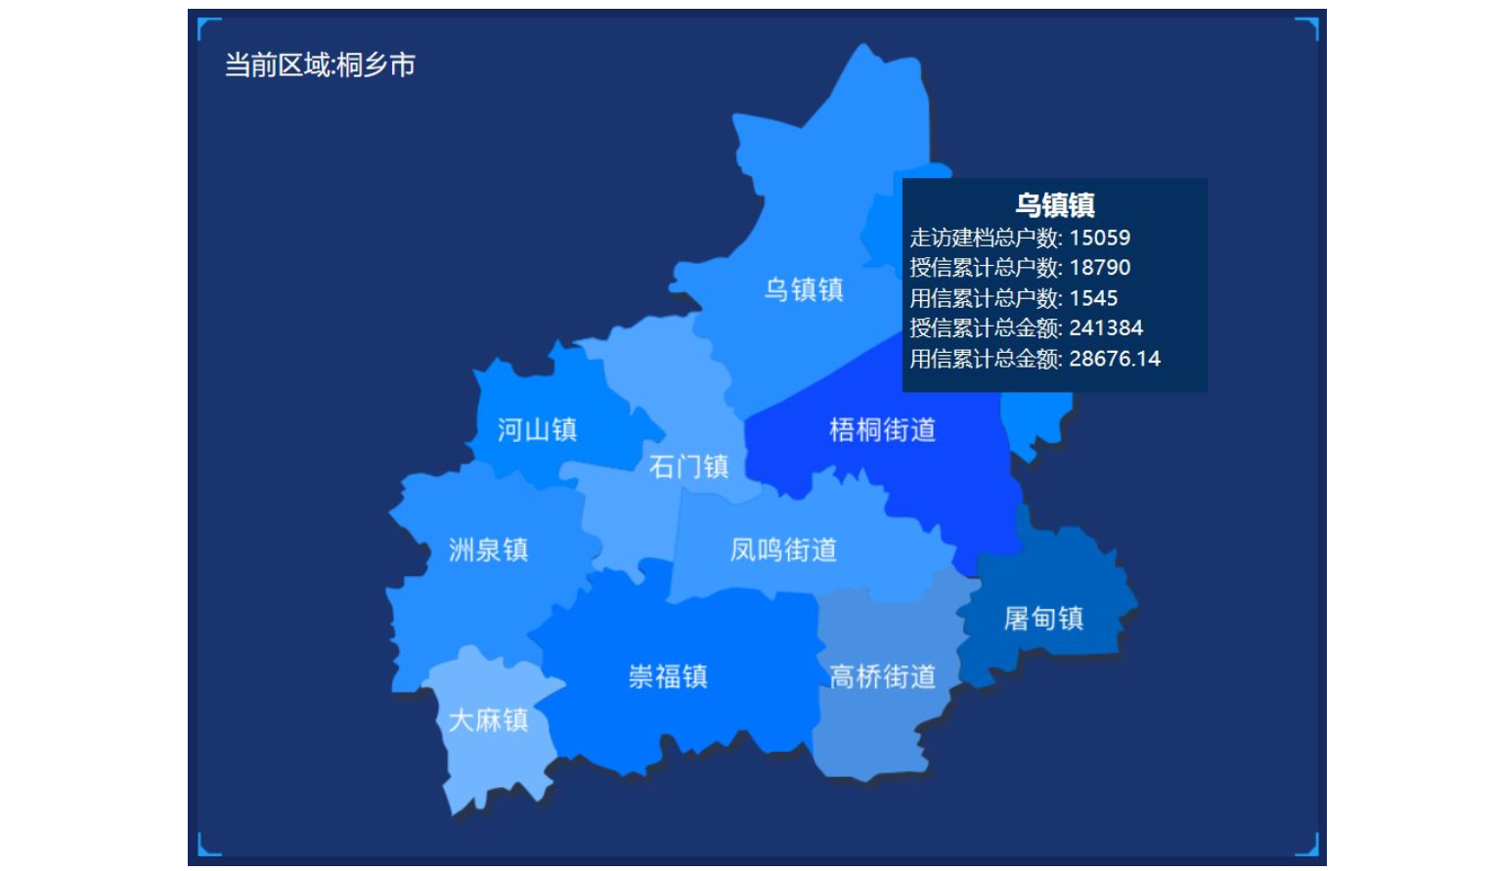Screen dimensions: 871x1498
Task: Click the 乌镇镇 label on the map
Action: tap(804, 289)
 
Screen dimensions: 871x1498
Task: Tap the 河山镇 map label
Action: tap(537, 429)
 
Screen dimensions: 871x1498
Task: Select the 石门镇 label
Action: tap(688, 466)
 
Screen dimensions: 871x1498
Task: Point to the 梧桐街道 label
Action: tap(882, 429)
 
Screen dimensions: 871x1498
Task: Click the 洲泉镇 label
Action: tap(488, 549)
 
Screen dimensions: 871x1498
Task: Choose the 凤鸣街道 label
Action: tap(783, 549)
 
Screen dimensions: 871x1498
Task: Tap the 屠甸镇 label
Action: tap(1043, 618)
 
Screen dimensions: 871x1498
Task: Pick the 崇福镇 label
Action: tap(668, 675)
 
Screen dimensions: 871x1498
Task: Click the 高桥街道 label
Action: tap(882, 675)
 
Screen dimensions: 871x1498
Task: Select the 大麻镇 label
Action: tap(488, 719)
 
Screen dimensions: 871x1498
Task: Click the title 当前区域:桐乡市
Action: tap(321, 65)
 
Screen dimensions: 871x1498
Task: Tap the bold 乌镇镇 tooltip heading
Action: tap(1054, 205)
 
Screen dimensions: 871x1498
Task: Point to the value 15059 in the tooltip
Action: tap(1099, 238)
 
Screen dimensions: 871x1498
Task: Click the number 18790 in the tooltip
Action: tap(1099, 268)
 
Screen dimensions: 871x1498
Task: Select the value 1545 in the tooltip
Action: tap(1093, 298)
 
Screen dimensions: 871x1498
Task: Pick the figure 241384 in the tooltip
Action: tap(1106, 328)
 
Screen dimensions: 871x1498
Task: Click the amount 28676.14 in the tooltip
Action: tap(1115, 359)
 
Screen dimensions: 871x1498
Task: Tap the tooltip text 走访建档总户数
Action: tap(984, 238)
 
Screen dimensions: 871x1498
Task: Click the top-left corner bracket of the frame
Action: tap(206, 27)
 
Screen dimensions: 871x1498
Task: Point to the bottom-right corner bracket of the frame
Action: tap(1309, 846)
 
